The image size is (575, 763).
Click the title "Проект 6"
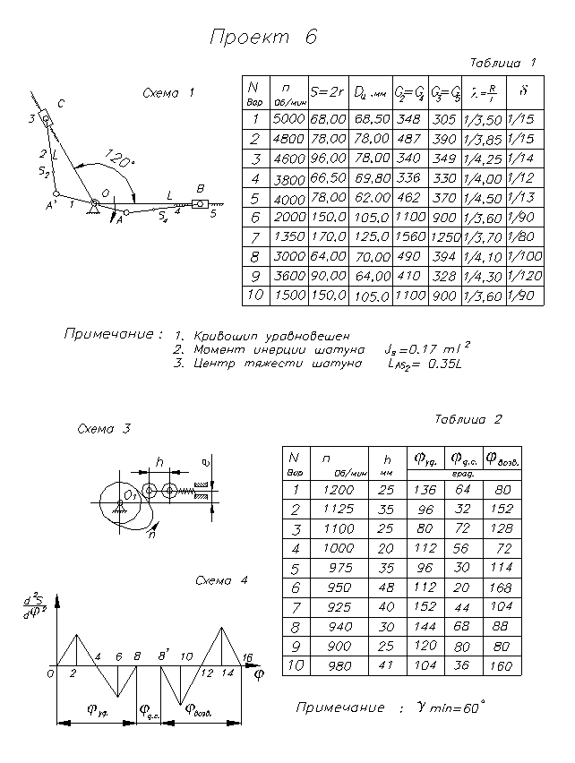[263, 37]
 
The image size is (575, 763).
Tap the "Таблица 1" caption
[502, 63]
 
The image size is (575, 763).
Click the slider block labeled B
[199, 204]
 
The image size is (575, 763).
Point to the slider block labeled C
[47, 116]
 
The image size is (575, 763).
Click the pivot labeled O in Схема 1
[93, 208]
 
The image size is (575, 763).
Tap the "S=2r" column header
[327, 90]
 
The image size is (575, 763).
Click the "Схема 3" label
[104, 429]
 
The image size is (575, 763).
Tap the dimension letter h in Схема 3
[159, 462]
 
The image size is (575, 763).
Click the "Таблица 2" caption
[468, 419]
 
